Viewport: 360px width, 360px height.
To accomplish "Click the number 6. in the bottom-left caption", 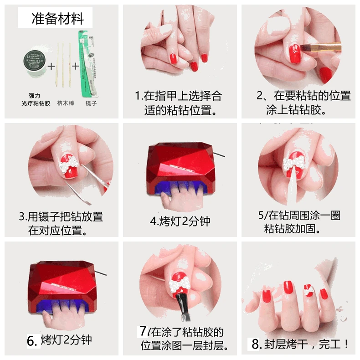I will tap(32, 340).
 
